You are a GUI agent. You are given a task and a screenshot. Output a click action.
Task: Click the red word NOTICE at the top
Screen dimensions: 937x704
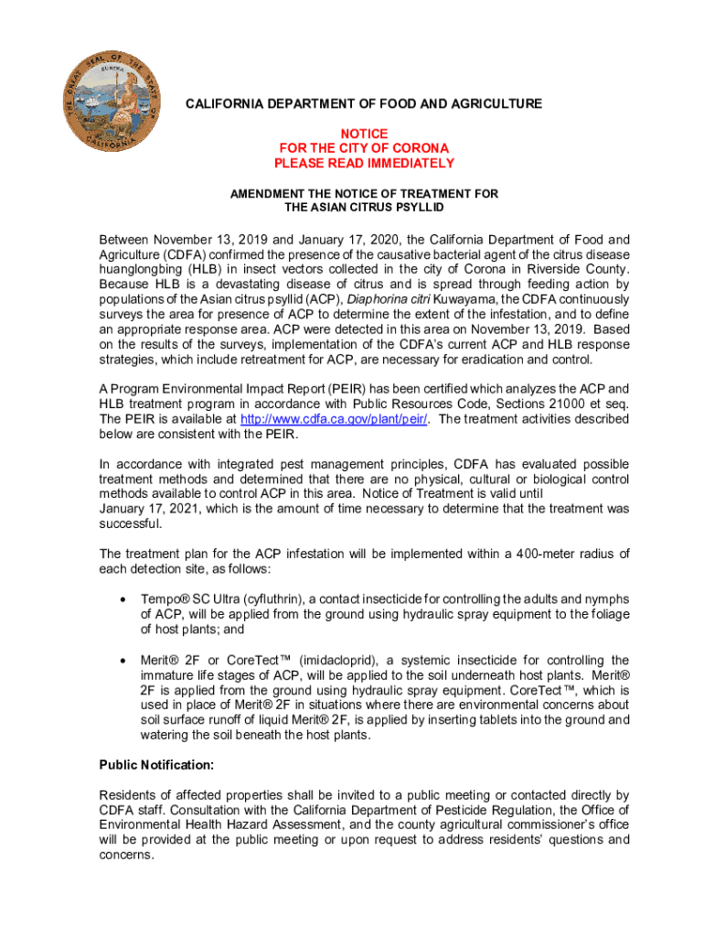tap(364, 133)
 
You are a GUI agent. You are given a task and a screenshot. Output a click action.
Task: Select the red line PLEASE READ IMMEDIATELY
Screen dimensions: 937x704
tap(364, 164)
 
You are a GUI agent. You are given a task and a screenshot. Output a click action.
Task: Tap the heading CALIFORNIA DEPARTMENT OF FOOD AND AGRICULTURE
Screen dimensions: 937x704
tap(364, 104)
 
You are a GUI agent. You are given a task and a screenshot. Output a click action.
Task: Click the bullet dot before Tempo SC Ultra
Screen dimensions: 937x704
tap(122, 599)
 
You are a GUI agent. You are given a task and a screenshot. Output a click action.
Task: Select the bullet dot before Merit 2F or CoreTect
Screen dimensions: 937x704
tap(122, 661)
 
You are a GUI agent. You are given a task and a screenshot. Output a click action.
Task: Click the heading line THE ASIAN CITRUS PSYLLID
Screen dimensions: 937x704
tap(364, 208)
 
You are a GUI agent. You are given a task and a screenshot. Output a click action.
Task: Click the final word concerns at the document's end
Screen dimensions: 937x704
tap(126, 855)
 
